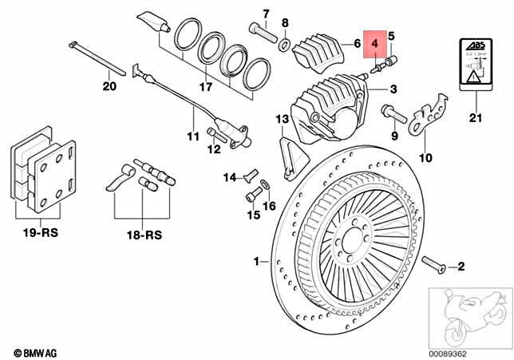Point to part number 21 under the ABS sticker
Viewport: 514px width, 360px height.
coord(476,120)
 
